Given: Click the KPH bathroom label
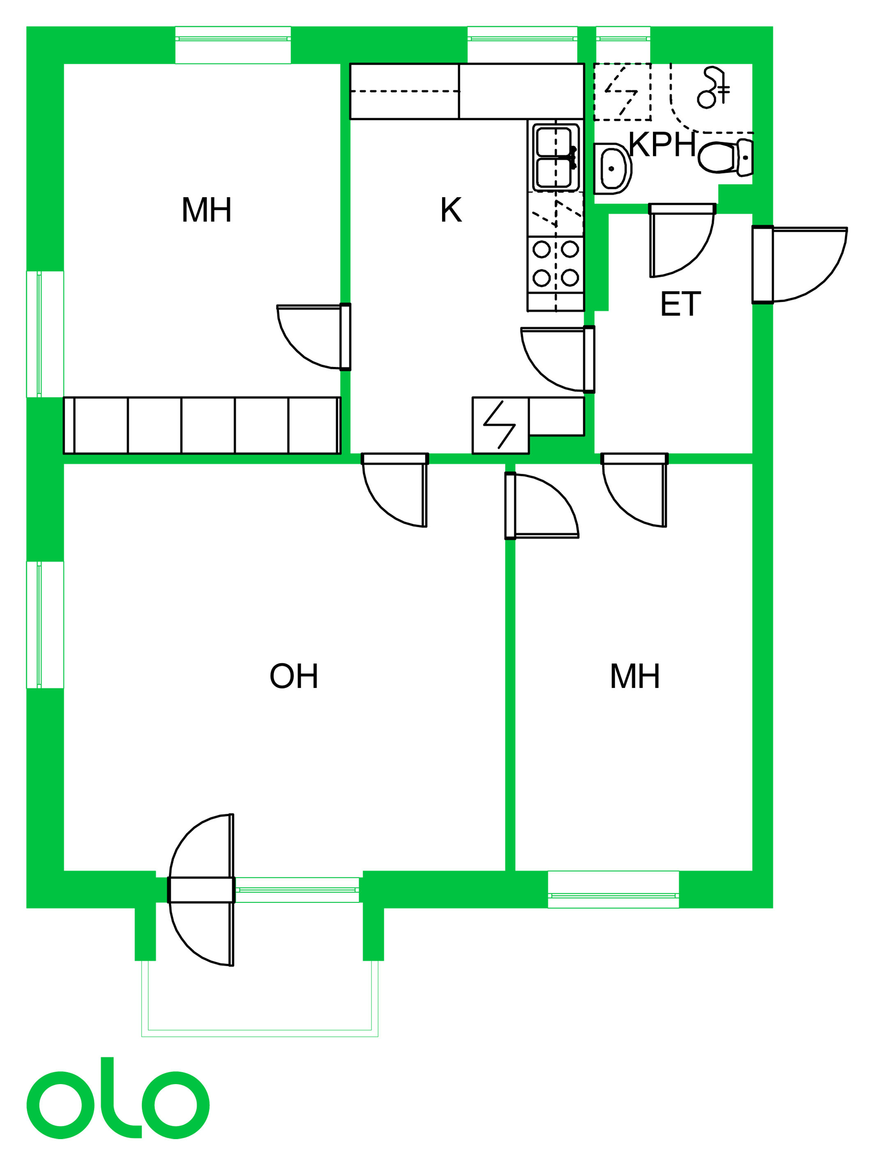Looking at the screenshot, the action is [662, 144].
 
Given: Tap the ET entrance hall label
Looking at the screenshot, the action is [680, 304].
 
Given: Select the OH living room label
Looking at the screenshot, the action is [294, 676].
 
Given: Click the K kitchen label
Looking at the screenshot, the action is [451, 210].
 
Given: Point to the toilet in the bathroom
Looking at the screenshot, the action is [726, 157].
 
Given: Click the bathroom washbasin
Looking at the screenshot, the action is [612, 168].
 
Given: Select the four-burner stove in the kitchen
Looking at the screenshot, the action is [556, 263].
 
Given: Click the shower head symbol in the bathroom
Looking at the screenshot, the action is [713, 88].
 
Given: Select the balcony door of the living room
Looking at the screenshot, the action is [202, 890].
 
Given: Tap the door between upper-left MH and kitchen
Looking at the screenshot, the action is [314, 337].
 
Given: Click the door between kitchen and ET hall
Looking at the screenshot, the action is [558, 360].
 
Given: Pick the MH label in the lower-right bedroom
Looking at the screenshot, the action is [634, 676].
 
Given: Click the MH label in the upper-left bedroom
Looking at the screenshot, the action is [206, 210].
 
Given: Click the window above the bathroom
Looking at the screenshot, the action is [623, 45].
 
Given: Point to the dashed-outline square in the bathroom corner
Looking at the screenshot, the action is [623, 92].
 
